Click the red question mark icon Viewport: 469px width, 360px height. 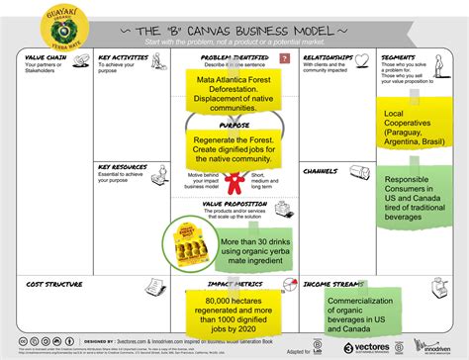[x=284, y=59]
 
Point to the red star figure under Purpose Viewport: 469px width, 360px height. [x=234, y=184]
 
